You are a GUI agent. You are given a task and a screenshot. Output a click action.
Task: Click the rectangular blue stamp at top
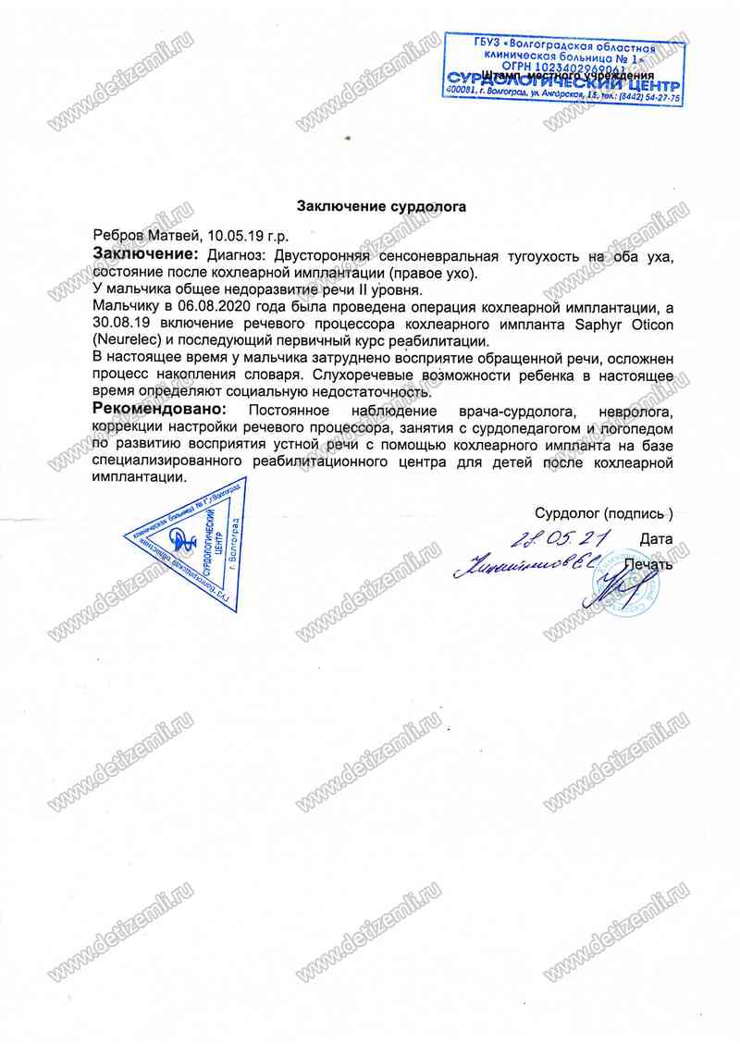[563, 70]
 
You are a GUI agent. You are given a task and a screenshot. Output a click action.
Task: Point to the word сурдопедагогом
[510, 426]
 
